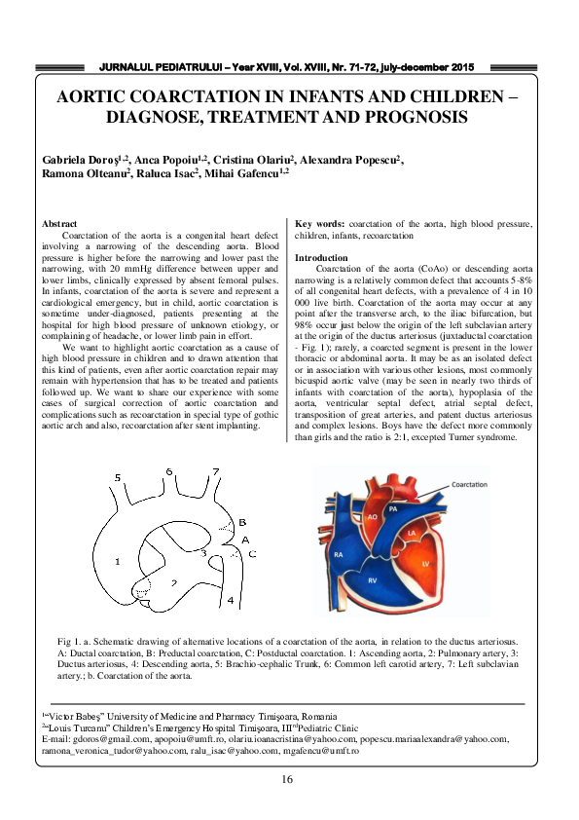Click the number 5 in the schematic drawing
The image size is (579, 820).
tap(118, 478)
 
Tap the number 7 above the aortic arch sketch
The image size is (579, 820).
tap(215, 471)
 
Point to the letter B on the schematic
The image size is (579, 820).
tap(242, 523)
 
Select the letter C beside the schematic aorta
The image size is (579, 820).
tap(252, 553)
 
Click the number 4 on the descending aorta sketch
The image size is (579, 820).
tap(231, 601)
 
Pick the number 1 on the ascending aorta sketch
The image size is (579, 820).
tap(117, 561)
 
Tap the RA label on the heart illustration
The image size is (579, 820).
tap(339, 554)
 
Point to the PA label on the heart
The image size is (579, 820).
tap(392, 508)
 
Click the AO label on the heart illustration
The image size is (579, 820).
tap(372, 517)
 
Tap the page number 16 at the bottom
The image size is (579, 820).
tap(288, 779)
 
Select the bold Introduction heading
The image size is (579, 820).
tap(321, 258)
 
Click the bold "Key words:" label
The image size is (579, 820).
tap(318, 224)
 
